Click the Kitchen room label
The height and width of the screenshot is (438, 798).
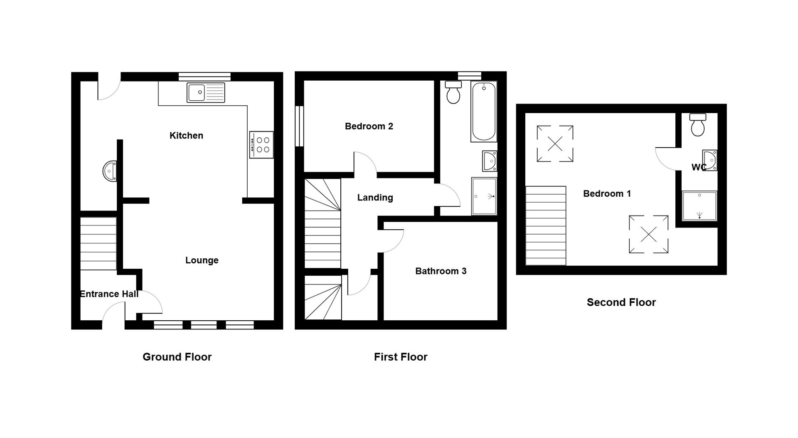[x=186, y=136]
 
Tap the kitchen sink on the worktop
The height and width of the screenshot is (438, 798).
[x=206, y=92]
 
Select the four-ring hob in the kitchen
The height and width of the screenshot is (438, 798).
[x=261, y=145]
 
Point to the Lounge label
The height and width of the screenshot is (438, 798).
[x=202, y=260]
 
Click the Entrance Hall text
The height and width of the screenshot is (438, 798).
[x=109, y=294]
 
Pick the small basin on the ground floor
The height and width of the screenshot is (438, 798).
[x=110, y=171]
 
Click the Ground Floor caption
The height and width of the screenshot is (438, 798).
[x=177, y=357]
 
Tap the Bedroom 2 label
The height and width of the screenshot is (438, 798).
[x=369, y=126]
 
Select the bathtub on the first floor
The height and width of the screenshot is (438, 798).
[x=484, y=111]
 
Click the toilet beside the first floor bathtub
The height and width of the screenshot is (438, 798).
[x=453, y=92]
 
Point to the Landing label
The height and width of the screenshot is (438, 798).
[x=375, y=198]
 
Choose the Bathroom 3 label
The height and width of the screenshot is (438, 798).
[x=441, y=271]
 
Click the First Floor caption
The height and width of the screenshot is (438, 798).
[x=401, y=357]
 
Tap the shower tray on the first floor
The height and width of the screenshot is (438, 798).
[x=484, y=196]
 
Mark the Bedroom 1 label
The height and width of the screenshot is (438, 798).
[x=607, y=193]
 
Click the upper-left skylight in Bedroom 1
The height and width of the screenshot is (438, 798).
[x=555, y=144]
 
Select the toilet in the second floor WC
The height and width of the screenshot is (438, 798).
[x=698, y=124]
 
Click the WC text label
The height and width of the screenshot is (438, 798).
[x=699, y=167]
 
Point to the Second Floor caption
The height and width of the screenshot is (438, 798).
[x=621, y=302]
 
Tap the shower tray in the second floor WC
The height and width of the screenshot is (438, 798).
[x=699, y=206]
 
